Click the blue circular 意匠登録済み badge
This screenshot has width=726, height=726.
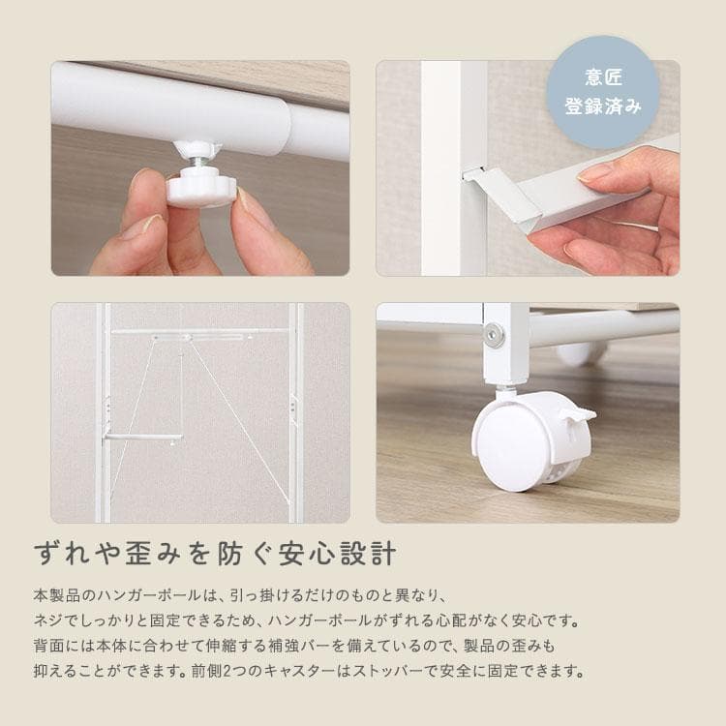(602, 92)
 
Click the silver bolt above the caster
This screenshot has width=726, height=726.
(495, 335)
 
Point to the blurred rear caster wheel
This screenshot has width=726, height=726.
(581, 354)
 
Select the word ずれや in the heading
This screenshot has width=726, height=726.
(72, 555)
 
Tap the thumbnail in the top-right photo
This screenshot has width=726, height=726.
(595, 174)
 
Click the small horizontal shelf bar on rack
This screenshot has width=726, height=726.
(143, 438)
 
